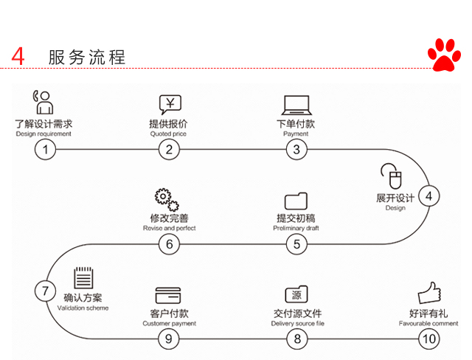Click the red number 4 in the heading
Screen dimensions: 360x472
tap(18, 57)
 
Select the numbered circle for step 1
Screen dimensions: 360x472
tap(45, 150)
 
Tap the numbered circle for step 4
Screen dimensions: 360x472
tap(428, 195)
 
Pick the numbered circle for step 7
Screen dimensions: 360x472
tap(45, 290)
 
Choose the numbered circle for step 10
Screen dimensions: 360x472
tap(428, 339)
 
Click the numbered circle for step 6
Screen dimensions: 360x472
tap(169, 244)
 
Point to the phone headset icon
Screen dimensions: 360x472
tap(43, 102)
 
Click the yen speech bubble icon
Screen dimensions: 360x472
tap(170, 104)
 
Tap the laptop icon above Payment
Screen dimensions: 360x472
tap(296, 104)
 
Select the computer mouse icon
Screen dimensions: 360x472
tap(389, 177)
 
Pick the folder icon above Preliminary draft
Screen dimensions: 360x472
tap(296, 200)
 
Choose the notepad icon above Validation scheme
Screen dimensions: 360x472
tap(83, 279)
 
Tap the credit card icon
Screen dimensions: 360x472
tap(167, 295)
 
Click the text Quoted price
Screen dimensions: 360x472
tap(169, 134)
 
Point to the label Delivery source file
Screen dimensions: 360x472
tap(297, 323)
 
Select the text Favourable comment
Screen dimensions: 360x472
tap(428, 323)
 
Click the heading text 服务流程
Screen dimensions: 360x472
tap(87, 57)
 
